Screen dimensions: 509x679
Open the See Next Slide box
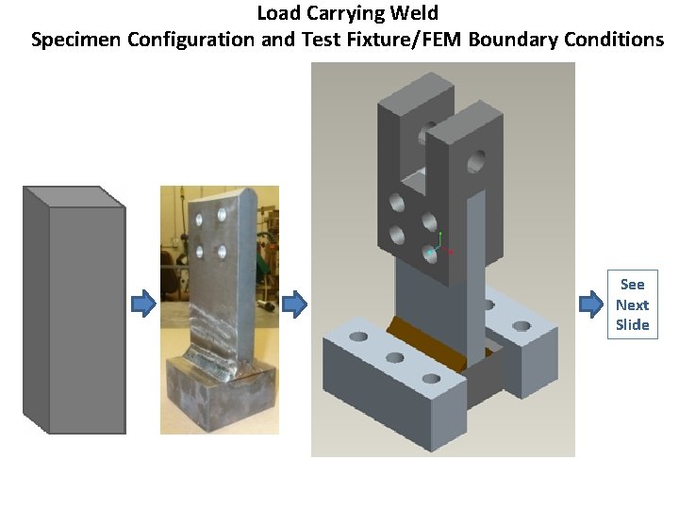coord(632,304)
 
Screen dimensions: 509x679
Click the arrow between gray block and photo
coord(142,304)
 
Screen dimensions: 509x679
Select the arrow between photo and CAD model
coord(295,304)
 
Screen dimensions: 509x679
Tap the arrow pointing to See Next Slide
coord(591,304)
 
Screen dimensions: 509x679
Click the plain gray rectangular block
coord(74,311)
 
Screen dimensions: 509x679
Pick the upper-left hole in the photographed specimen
coord(200,219)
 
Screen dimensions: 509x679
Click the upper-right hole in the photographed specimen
coord(224,215)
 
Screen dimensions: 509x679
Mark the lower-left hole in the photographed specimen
coord(200,252)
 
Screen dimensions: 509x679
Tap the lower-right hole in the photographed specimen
coord(223,252)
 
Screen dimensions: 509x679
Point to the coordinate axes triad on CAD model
coord(439,247)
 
